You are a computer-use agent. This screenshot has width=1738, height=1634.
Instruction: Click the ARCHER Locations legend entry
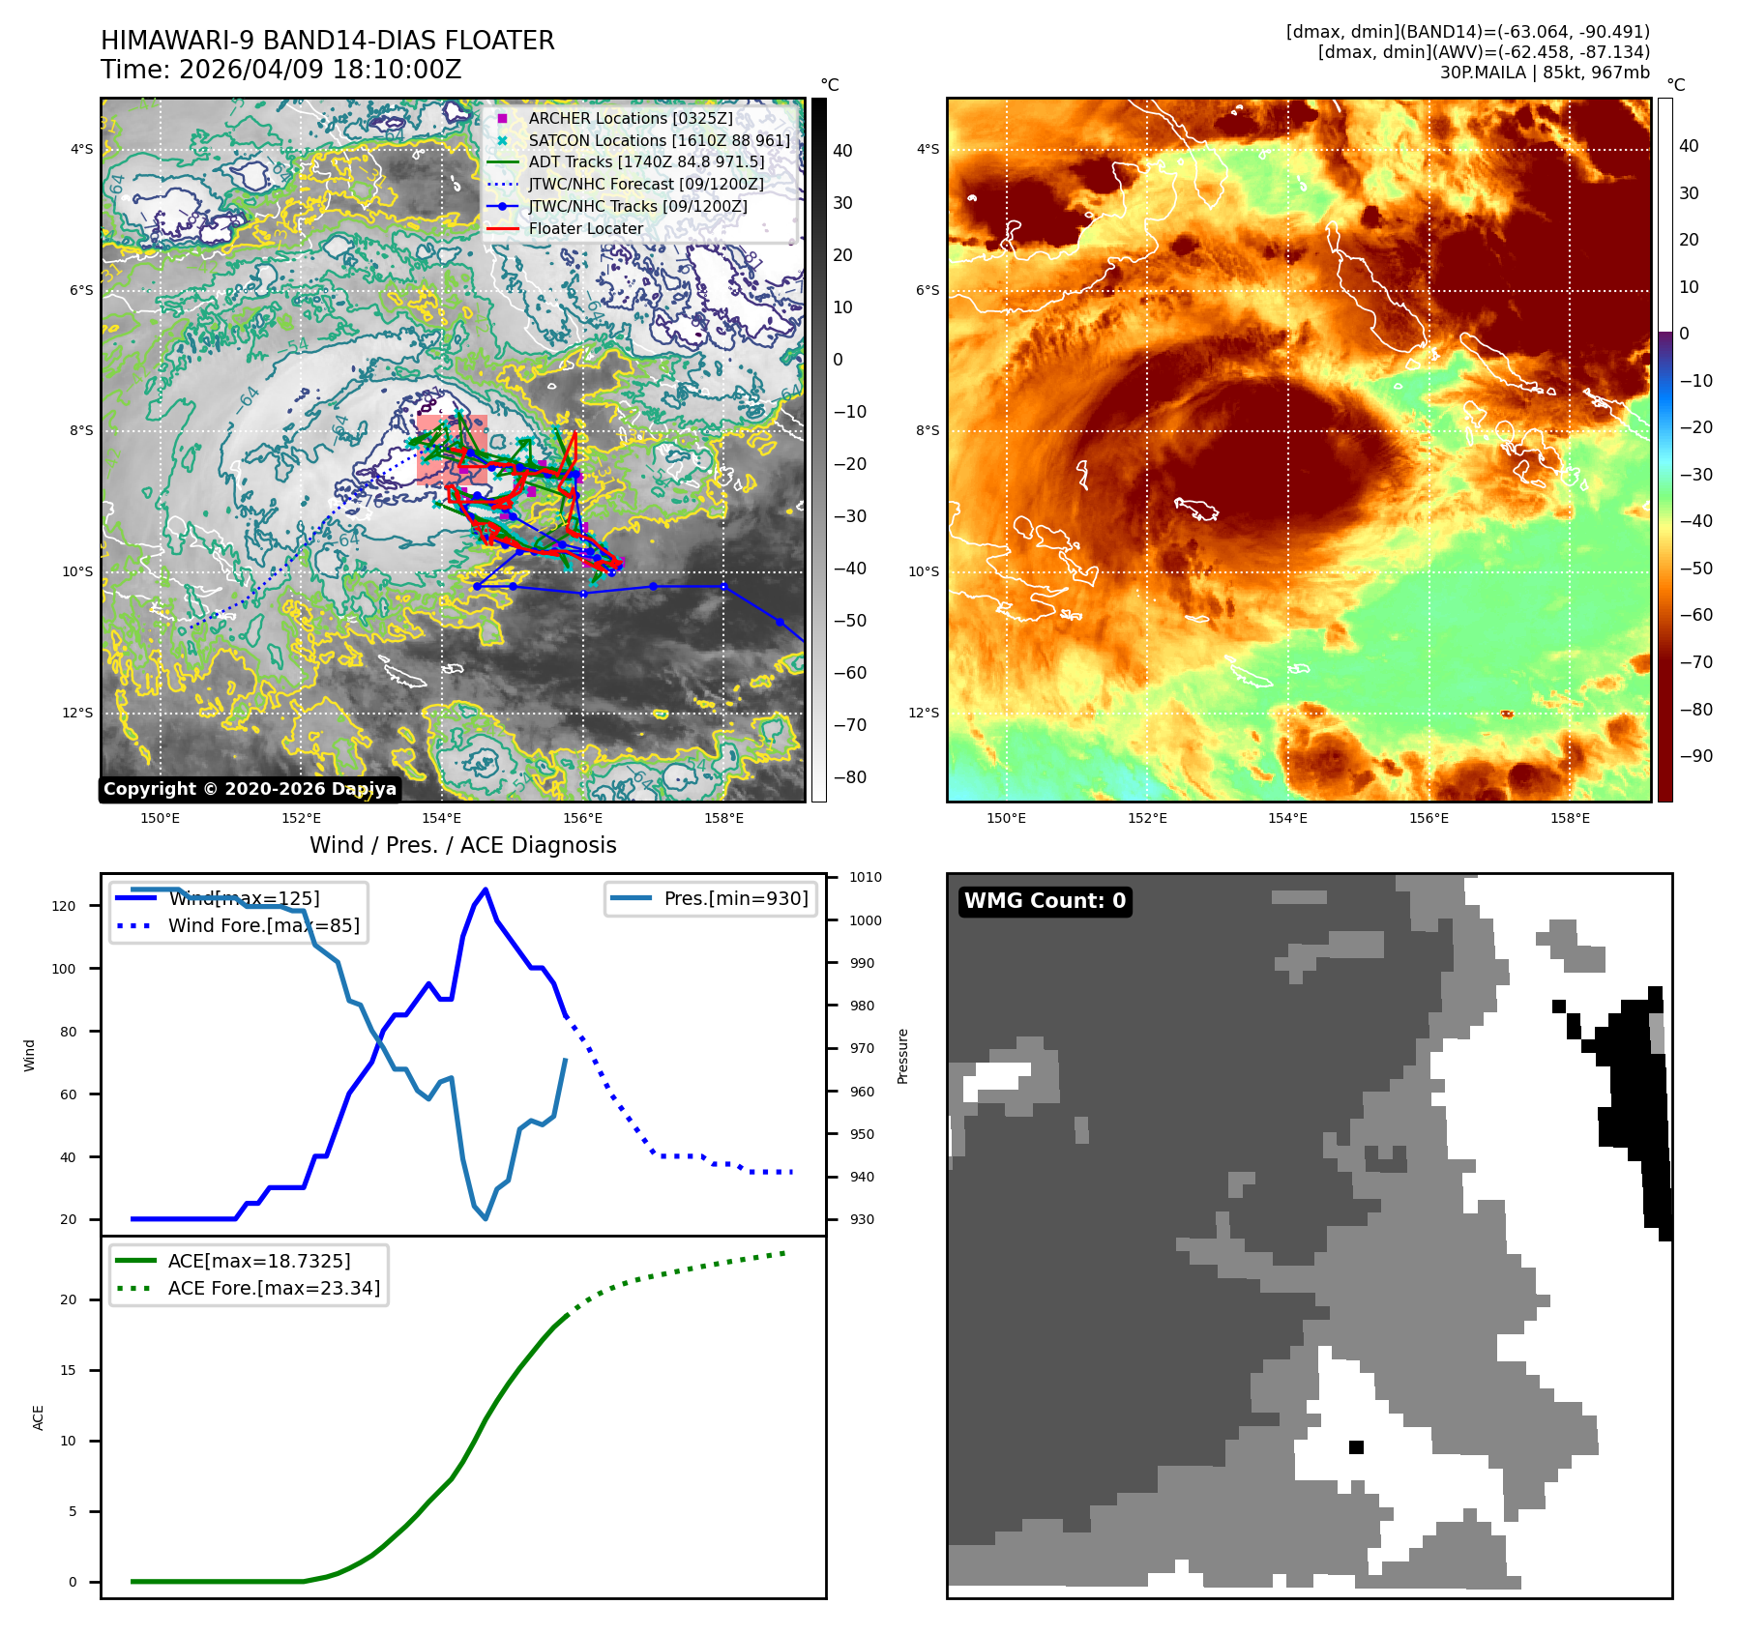click(x=630, y=118)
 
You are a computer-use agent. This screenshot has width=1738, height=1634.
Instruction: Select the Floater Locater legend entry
click(x=585, y=228)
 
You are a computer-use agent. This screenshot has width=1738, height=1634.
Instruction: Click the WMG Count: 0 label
click(x=1045, y=901)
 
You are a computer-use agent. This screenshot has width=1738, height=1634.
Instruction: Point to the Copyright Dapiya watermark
click(x=250, y=789)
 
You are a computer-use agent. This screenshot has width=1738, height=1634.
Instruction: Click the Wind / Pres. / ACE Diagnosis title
click(x=462, y=845)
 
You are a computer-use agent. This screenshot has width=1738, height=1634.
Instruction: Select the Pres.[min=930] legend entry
click(x=735, y=898)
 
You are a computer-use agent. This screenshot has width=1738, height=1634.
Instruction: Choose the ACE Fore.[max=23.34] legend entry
click(x=274, y=1288)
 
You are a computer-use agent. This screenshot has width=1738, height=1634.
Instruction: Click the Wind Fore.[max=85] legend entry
click(x=263, y=925)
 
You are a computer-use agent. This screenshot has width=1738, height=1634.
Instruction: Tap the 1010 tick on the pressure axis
click(x=866, y=878)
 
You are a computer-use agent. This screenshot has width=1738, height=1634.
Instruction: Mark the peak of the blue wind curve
click(x=486, y=890)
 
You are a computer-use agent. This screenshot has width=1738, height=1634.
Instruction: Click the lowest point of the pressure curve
click(x=486, y=1218)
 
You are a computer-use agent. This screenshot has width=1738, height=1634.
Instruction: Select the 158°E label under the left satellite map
click(x=723, y=818)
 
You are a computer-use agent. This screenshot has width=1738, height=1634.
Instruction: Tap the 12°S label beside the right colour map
click(x=923, y=713)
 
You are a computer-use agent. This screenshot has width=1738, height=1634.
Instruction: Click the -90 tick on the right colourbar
click(x=1695, y=756)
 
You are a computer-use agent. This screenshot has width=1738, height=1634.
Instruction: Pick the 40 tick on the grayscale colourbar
click(x=842, y=151)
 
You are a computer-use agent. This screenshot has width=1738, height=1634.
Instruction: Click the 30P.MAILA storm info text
click(x=1545, y=73)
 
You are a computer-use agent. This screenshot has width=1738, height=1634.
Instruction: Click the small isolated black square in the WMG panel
click(x=1356, y=1447)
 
